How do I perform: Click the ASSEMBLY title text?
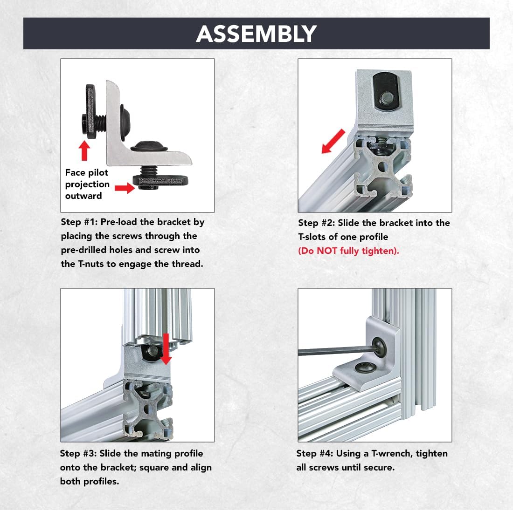256,34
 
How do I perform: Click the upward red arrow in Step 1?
84,150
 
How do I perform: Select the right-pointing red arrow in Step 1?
125,188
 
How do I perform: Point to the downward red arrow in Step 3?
166,349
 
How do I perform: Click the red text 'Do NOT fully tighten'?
348,251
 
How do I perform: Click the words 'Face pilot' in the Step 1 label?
86,172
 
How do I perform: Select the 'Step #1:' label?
79,222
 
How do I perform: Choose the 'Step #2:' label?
316,223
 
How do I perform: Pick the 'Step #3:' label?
78,454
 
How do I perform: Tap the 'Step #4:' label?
315,454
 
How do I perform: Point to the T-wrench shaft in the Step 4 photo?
338,351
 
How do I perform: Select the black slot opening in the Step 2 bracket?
387,93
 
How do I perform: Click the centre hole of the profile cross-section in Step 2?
382,167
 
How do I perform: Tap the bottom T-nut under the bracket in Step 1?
160,182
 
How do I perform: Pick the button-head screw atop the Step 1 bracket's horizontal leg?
149,146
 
